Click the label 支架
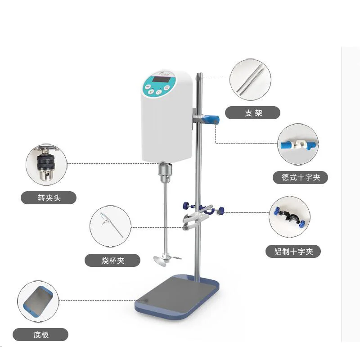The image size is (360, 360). [252, 113]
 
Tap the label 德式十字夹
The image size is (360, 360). [301, 177]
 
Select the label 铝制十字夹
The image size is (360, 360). [294, 252]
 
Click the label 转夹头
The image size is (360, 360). [49, 198]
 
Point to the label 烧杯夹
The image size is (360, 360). [112, 260]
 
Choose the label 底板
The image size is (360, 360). [40, 334]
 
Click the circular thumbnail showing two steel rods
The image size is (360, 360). [250, 80]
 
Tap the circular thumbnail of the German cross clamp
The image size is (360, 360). [297, 145]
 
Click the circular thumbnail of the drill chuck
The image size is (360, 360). [46, 164]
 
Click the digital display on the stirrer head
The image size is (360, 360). [161, 80]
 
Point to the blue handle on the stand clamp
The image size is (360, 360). [211, 119]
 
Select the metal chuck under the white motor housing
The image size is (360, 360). [164, 171]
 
